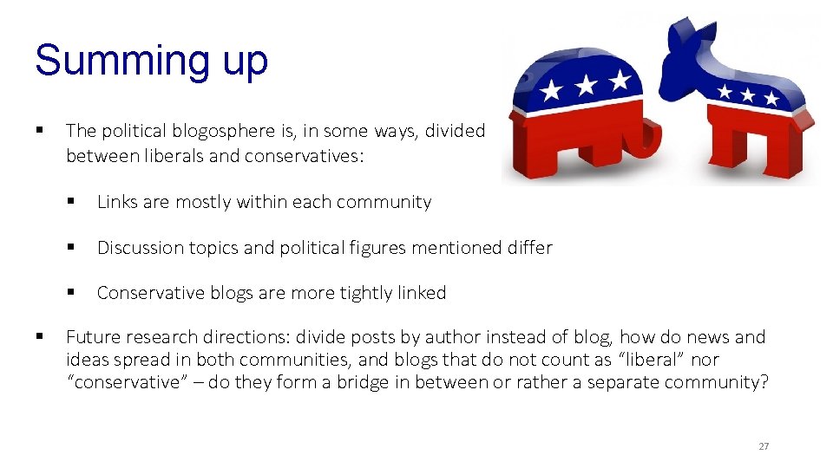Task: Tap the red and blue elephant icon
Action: point(579,112)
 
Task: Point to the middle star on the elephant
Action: point(587,85)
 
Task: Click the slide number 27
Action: point(764,446)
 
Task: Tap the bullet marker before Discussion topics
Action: point(70,248)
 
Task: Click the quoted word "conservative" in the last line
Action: point(129,382)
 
